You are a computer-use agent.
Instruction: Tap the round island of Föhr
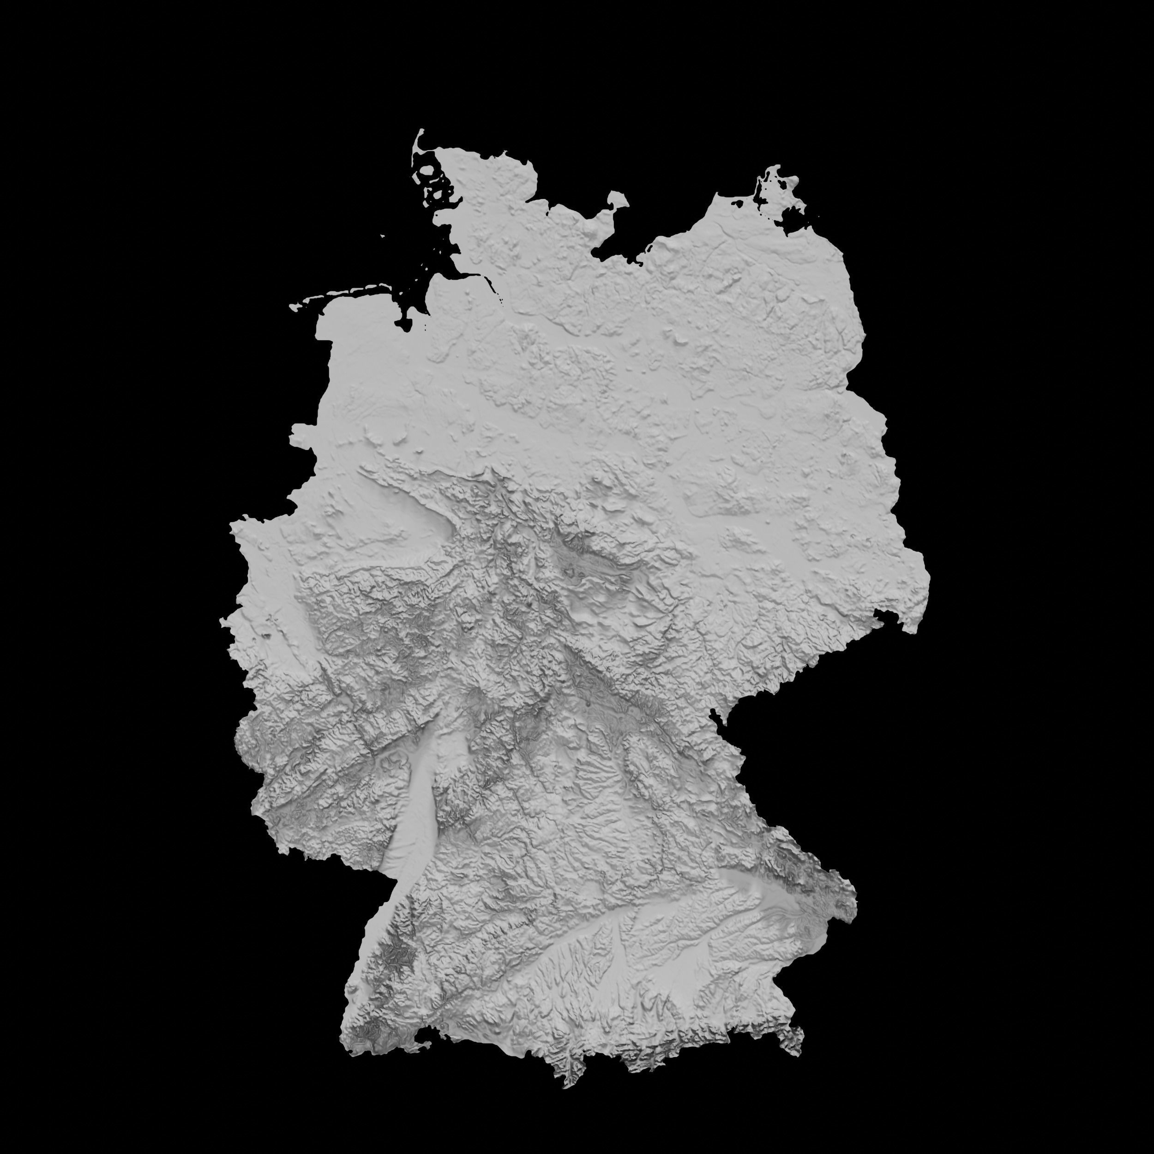point(427,172)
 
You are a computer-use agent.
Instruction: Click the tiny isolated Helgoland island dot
point(383,235)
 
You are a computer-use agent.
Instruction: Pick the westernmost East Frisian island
point(295,307)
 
